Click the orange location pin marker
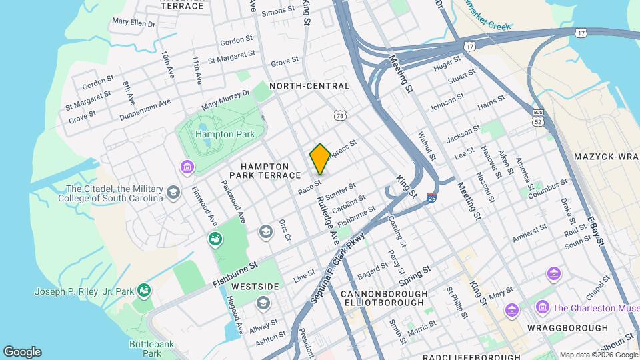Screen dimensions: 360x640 (x=320, y=159)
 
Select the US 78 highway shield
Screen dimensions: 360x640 (x=341, y=117)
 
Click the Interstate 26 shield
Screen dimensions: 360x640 (x=431, y=198)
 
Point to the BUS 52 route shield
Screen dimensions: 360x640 (x=539, y=119)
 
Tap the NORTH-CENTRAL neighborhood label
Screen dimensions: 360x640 (x=309, y=86)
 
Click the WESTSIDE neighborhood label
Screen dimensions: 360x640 (x=255, y=287)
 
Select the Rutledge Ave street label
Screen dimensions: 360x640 (x=327, y=220)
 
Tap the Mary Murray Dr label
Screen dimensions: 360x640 (x=226, y=100)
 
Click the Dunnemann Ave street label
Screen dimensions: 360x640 (x=145, y=110)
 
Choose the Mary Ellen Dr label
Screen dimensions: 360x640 (x=133, y=22)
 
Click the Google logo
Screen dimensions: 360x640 (x=22, y=351)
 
